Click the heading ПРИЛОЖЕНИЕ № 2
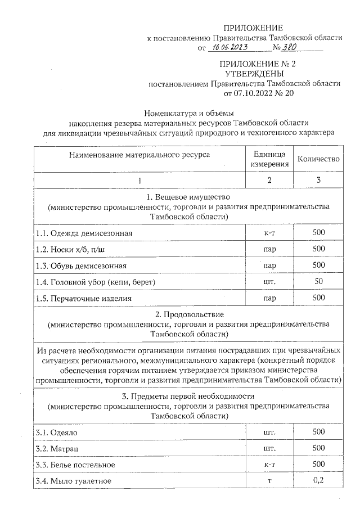point(253,64)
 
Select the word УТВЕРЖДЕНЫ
point(253,73)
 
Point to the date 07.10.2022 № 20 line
point(259,93)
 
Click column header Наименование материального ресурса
point(139,154)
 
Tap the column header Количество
point(318,159)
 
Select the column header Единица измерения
point(269,159)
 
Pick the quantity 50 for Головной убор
point(319,281)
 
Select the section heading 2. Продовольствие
point(189,314)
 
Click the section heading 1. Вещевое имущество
point(189,197)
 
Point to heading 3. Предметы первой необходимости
point(189,397)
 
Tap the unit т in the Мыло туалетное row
point(269,481)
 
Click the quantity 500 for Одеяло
point(319,431)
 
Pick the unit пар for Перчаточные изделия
point(269,298)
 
